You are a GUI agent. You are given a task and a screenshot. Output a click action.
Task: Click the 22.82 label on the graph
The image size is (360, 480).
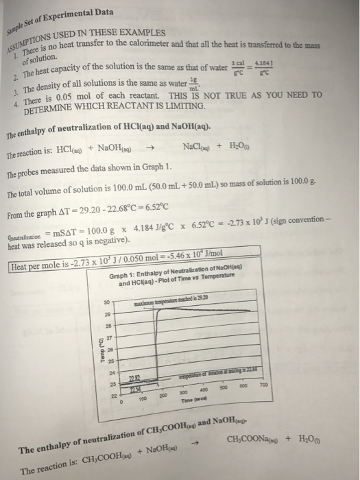[135, 379]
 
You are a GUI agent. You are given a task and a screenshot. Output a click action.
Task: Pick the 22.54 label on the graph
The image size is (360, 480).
[136, 389]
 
